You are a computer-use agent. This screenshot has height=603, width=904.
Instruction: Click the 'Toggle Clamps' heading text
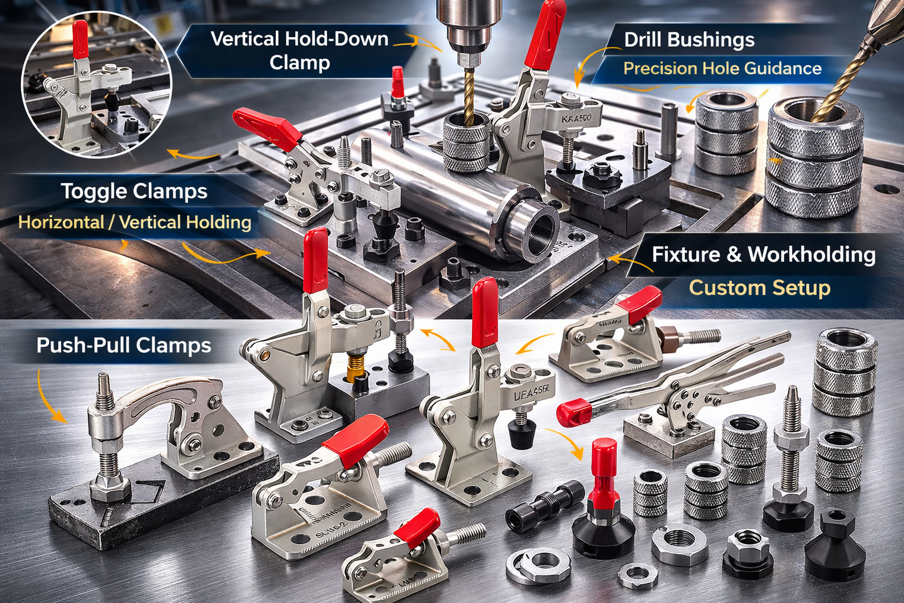click(134, 191)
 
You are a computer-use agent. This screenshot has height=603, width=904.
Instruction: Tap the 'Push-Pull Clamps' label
click(124, 345)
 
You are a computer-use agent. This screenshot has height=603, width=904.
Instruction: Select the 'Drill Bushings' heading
click(689, 40)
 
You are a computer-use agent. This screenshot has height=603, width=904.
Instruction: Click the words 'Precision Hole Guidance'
click(722, 68)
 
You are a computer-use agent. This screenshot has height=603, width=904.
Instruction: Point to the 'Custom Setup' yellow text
click(759, 288)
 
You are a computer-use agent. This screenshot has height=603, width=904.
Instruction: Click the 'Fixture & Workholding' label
click(763, 254)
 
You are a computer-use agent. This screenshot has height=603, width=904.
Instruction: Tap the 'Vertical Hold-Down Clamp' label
click(300, 51)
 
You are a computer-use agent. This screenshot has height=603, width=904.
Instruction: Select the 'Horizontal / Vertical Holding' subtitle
click(135, 223)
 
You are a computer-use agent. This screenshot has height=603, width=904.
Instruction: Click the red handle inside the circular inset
click(80, 40)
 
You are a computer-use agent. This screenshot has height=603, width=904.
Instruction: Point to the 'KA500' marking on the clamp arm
click(576, 118)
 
